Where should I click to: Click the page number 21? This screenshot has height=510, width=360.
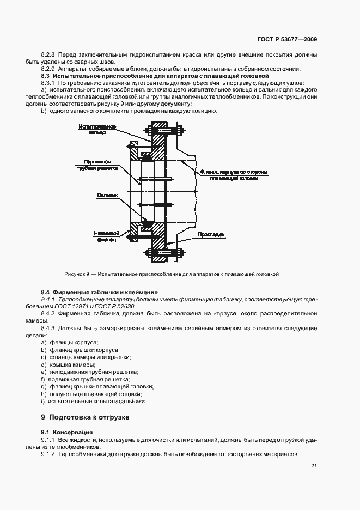314,465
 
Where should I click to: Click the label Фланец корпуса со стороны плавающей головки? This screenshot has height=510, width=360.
233,174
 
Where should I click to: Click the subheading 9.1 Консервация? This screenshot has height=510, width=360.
65,432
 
